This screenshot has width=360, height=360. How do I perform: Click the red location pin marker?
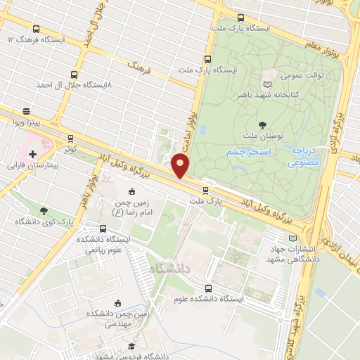pos(181,167)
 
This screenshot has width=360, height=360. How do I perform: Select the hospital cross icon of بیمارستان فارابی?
pos(32,153)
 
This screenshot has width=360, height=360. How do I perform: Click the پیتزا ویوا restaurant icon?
pos(27,111)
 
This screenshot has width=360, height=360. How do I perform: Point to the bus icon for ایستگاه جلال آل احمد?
pos(75,74)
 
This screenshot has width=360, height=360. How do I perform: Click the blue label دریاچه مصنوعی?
pos(305,157)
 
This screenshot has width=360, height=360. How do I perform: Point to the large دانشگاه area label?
pos(169,266)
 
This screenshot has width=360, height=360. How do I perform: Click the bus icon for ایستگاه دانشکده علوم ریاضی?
pos(104,229)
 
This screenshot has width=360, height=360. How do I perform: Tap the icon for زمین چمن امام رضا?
pos(132,191)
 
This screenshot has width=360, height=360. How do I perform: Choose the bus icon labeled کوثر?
pos(70,139)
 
